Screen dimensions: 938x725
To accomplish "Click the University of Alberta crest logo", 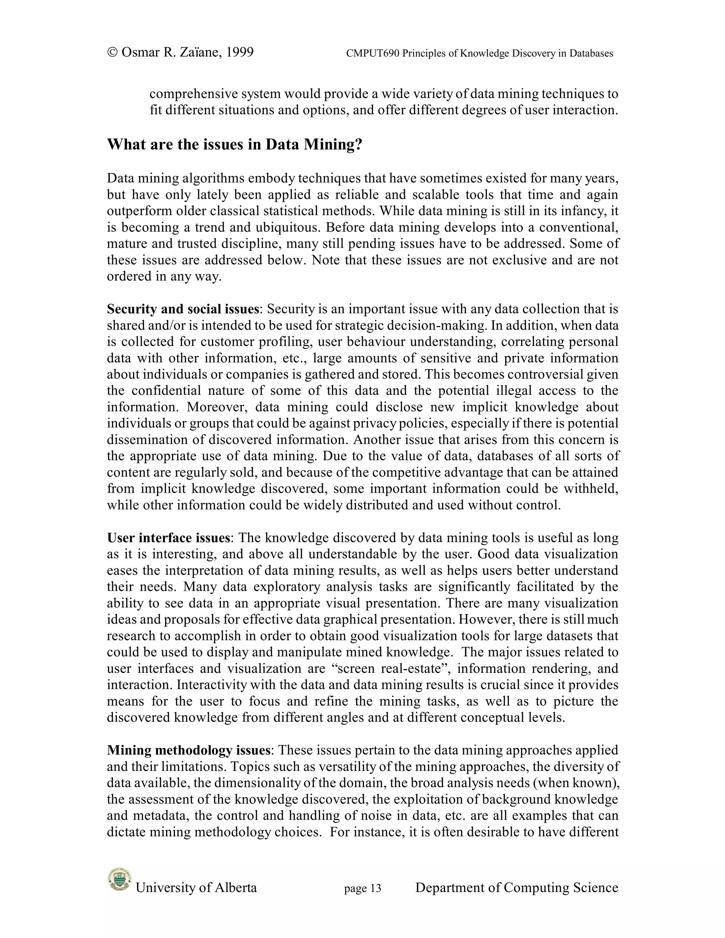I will point(119,879).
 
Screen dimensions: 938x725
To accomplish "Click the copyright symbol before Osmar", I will point(112,52).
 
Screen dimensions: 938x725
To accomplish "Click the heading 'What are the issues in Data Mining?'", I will point(234,144).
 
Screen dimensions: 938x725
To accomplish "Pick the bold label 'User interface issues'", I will point(169,538).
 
